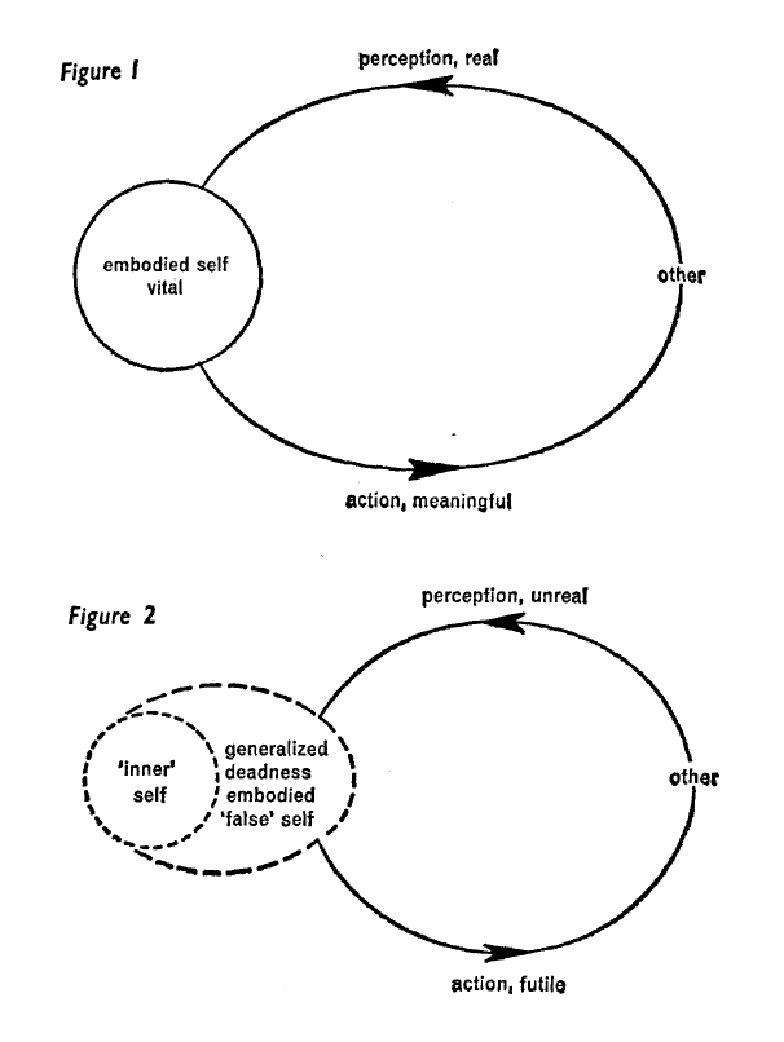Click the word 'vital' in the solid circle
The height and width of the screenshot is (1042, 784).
[x=165, y=287]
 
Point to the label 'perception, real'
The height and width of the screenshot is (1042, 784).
[x=428, y=59]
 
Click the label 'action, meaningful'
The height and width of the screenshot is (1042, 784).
[x=428, y=501]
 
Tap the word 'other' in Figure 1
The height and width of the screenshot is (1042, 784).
[x=681, y=275]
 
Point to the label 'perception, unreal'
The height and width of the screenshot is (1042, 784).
[x=505, y=595]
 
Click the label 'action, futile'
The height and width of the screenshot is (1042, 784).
[x=508, y=984]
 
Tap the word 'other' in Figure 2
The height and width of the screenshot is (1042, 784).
[x=693, y=777]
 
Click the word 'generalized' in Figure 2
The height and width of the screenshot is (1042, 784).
[x=276, y=749]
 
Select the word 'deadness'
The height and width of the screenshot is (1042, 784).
[x=268, y=772]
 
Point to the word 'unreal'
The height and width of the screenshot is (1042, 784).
[x=559, y=595]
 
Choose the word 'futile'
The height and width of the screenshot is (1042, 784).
[x=540, y=984]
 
